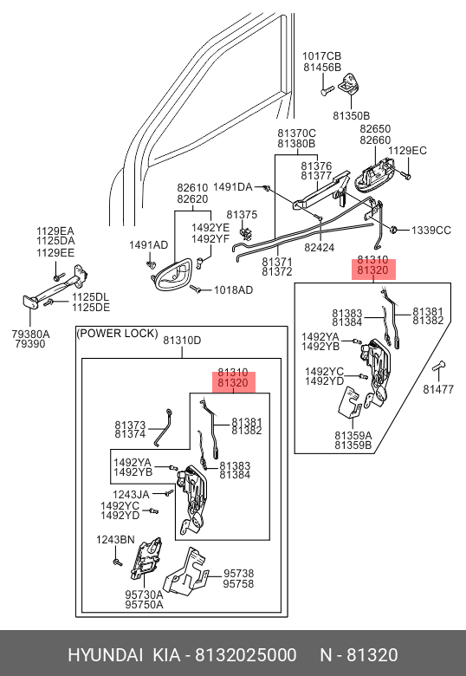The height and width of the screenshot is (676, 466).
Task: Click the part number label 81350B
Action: tap(351, 115)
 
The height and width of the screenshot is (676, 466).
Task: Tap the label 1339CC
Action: tap(431, 231)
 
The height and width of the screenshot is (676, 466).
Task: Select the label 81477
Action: tap(438, 389)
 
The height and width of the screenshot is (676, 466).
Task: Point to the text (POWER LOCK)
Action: tap(117, 334)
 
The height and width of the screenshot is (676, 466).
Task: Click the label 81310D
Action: tap(182, 340)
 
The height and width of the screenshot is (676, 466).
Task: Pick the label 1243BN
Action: tap(115, 540)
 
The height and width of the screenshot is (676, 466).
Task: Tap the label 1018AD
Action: tap(233, 290)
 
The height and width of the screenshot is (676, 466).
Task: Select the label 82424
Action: tap(319, 248)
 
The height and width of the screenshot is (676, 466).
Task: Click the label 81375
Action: tap(242, 215)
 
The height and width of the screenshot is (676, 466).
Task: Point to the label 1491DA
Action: tap(233, 187)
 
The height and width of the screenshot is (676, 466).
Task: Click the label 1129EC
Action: tap(407, 151)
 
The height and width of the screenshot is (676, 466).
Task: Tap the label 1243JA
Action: tap(131, 495)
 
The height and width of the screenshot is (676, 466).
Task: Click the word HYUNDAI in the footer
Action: tap(105, 655)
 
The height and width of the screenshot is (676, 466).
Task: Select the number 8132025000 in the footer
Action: tap(245, 655)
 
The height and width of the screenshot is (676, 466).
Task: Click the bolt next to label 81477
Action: tap(438, 366)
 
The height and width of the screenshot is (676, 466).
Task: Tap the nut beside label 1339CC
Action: tap(393, 230)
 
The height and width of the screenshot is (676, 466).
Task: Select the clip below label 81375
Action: tap(246, 233)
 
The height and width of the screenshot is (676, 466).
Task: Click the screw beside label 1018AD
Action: tap(196, 289)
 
